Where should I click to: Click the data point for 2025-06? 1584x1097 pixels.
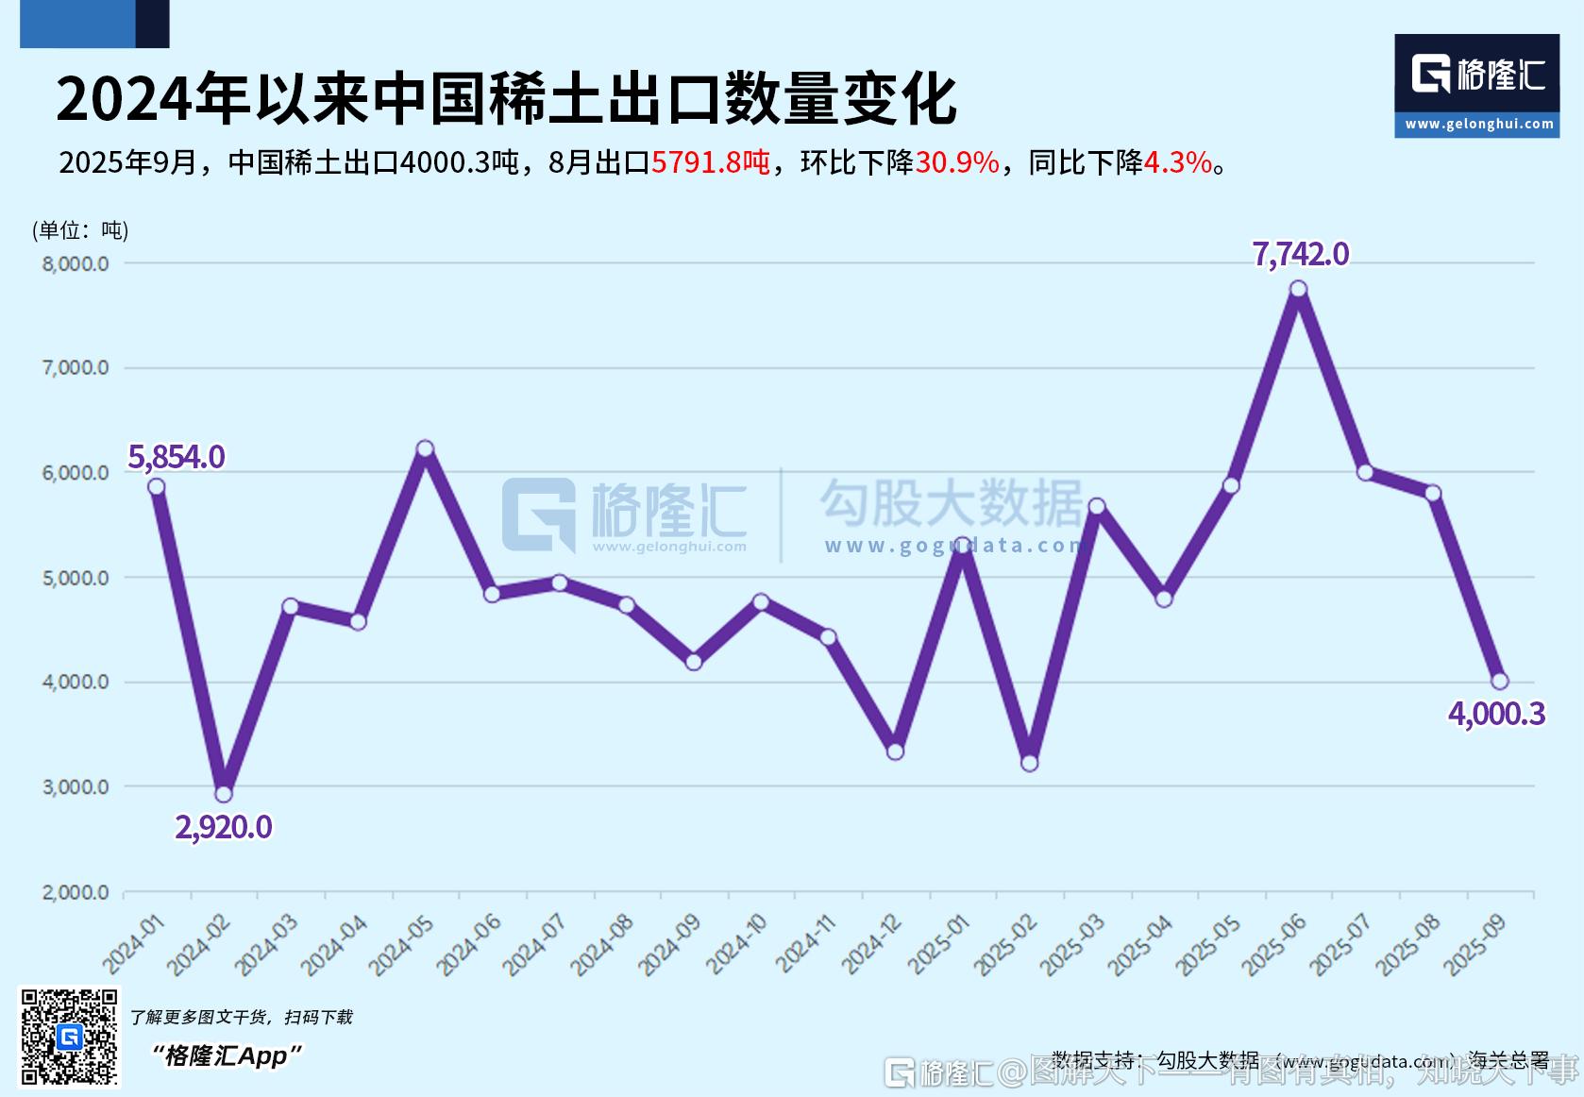pyautogui.click(x=1298, y=289)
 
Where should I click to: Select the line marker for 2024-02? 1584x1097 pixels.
pyautogui.click(x=224, y=794)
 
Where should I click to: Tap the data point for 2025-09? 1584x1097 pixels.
pyautogui.click(x=1499, y=681)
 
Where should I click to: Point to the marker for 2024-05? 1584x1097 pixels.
pyautogui.click(x=425, y=448)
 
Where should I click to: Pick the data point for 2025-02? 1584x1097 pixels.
pyautogui.click(x=1030, y=763)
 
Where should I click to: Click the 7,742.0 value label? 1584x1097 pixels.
pyautogui.click(x=1300, y=254)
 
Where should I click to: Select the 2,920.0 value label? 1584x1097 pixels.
pyautogui.click(x=224, y=827)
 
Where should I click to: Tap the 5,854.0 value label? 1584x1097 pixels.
pyautogui.click(x=177, y=457)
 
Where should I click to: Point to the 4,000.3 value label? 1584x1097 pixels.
pyautogui.click(x=1496, y=714)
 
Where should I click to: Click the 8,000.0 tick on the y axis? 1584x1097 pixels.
pyautogui.click(x=76, y=263)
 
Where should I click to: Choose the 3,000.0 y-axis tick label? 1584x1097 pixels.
pyautogui.click(x=76, y=786)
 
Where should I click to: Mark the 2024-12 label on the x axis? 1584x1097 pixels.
pyautogui.click(x=872, y=943)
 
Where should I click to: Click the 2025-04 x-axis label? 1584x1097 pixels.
pyautogui.click(x=1140, y=943)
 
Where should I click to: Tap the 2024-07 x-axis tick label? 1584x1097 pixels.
pyautogui.click(x=535, y=943)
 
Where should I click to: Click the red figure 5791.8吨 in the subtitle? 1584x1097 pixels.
pyautogui.click(x=711, y=162)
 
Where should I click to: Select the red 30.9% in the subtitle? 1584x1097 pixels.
pyautogui.click(x=956, y=162)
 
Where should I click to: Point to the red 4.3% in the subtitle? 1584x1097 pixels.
pyautogui.click(x=1177, y=162)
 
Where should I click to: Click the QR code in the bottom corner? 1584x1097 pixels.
pyautogui.click(x=70, y=1037)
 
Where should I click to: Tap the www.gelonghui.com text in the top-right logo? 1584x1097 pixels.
pyautogui.click(x=1478, y=124)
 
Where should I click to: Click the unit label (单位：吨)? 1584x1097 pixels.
pyautogui.click(x=80, y=230)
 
